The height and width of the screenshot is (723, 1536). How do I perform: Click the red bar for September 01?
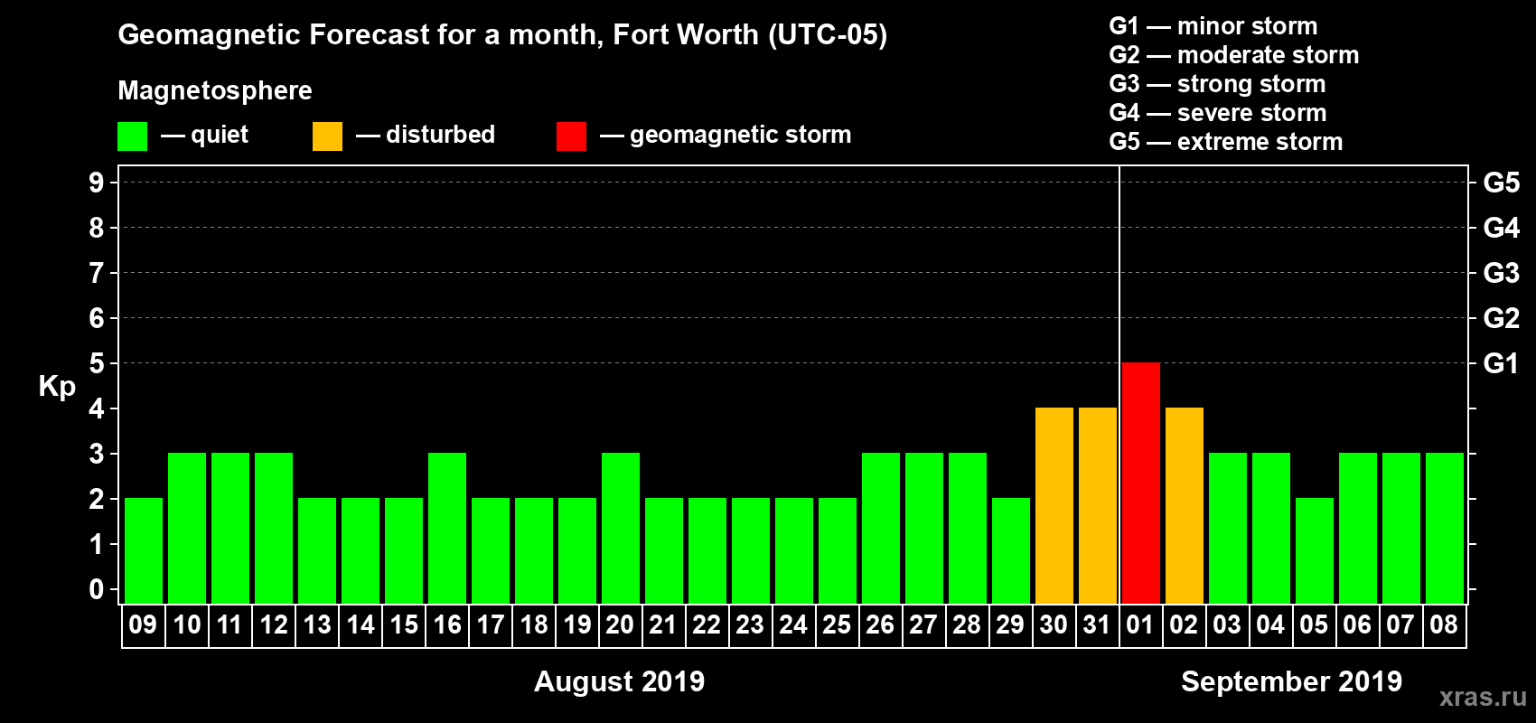coord(1140,483)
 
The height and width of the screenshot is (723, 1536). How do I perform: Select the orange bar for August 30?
coord(1054,505)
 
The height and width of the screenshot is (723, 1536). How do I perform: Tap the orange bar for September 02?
coord(1184,505)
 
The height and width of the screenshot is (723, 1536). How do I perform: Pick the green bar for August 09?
coord(143,550)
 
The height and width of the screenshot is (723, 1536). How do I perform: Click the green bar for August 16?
coord(447,528)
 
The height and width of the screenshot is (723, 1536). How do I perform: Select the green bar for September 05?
coord(1314,550)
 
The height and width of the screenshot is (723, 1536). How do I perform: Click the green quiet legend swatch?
coord(132,136)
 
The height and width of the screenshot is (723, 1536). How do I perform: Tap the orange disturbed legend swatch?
coord(327,136)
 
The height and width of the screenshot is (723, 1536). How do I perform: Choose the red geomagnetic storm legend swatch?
coord(571,136)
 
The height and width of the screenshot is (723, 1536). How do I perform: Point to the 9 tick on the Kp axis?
coord(97,183)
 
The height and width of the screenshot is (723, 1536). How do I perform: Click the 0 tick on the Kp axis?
coord(97,590)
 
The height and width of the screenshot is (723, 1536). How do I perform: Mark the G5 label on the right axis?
coord(1501,183)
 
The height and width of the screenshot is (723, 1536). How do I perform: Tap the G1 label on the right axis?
coord(1501,363)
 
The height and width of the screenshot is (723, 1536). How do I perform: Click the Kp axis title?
coord(57,387)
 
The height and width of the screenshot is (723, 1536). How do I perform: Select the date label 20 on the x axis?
coord(620,624)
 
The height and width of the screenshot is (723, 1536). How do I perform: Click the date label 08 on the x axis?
coord(1444,624)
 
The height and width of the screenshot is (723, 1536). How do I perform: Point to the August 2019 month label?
coord(619,681)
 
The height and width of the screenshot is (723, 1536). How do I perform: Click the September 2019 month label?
coord(1291,681)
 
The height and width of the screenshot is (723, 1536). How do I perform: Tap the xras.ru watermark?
coord(1483,697)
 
